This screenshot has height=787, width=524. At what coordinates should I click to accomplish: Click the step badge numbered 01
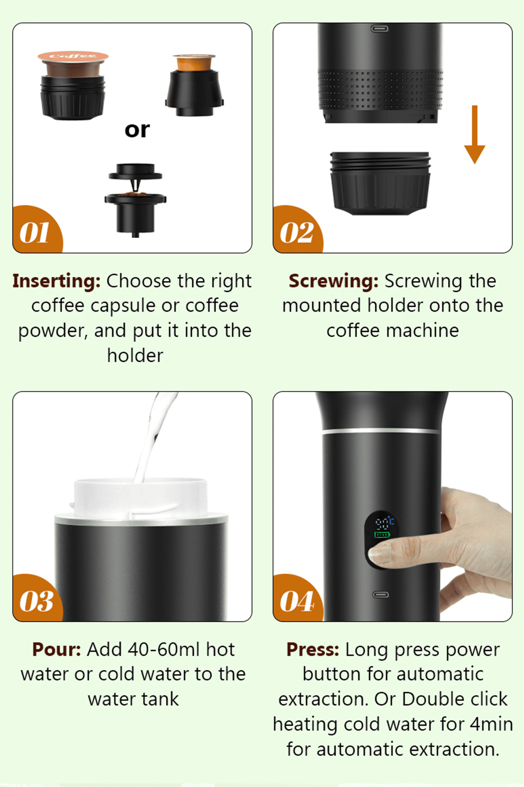[x=35, y=232]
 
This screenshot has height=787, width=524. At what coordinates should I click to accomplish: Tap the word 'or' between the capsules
[x=137, y=130]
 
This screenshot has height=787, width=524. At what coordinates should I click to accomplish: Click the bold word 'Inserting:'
[x=56, y=281]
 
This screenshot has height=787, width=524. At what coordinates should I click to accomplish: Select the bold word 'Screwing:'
[x=333, y=281]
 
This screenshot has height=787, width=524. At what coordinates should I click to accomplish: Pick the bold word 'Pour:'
[x=56, y=650]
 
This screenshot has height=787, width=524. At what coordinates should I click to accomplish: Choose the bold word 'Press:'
[x=313, y=650]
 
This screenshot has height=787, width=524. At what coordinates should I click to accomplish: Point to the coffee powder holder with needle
[x=135, y=200]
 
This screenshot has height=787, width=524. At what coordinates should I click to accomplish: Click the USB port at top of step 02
[x=380, y=29]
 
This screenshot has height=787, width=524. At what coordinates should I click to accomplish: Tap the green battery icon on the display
[x=382, y=535]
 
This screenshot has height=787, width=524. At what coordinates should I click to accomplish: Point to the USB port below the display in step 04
[x=380, y=595]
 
